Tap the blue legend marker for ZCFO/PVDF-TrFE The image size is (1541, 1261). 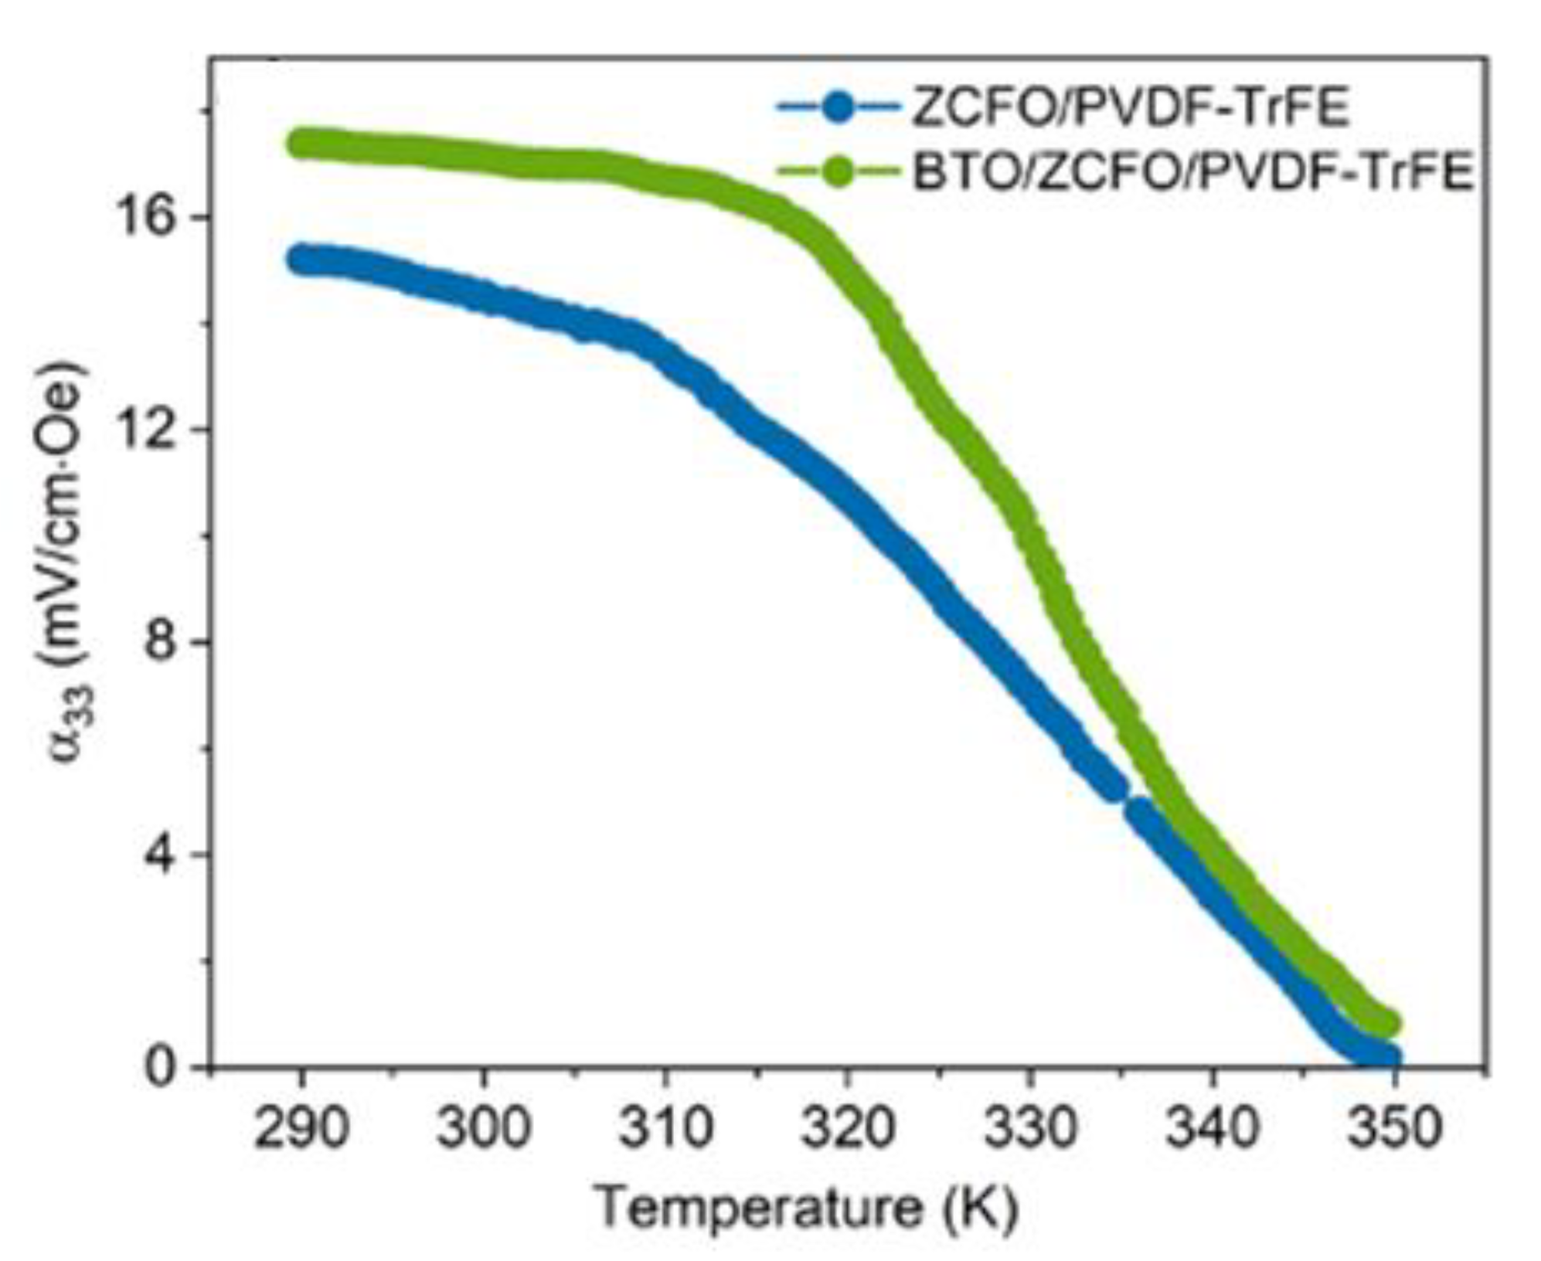(x=838, y=108)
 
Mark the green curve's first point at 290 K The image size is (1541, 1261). (x=302, y=144)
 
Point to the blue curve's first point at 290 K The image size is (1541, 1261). (x=302, y=261)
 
